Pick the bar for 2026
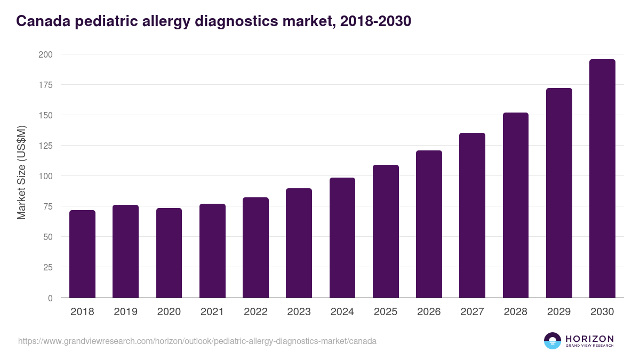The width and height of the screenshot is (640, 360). (429, 224)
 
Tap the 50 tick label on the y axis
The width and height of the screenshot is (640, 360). (47, 237)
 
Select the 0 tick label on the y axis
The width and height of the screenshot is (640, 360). (50, 298)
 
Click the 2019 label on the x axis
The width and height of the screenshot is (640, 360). (125, 312)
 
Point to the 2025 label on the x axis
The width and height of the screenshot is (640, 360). (386, 312)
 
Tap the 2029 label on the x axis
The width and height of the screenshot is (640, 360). (559, 312)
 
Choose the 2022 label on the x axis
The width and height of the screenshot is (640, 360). (255, 312)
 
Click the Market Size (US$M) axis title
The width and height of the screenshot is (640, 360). (21, 172)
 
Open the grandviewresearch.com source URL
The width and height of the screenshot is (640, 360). (197, 341)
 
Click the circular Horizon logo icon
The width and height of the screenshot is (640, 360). (553, 341)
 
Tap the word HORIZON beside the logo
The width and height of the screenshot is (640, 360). (589, 339)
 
